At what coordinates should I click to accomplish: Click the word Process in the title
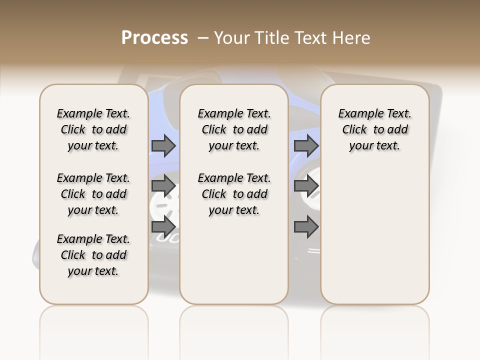(154, 38)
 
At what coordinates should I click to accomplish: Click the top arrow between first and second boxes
(163, 145)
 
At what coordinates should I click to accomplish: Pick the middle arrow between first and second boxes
(163, 186)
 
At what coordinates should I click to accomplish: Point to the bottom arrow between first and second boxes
(163, 226)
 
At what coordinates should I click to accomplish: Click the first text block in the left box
(93, 129)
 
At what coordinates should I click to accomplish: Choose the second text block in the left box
(93, 194)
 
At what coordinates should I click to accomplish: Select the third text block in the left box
(93, 255)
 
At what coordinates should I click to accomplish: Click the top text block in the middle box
(234, 129)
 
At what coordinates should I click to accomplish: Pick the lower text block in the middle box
(234, 194)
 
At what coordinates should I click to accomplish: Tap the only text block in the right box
(374, 129)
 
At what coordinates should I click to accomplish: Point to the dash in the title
(203, 38)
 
